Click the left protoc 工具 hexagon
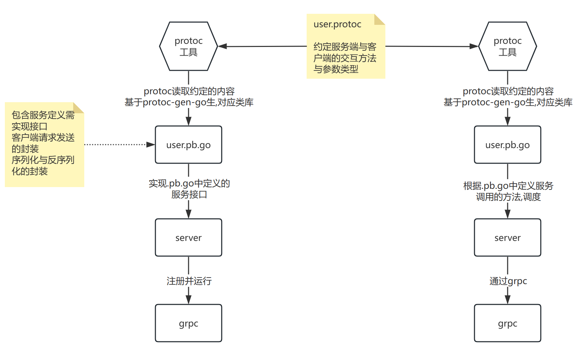click(188, 46)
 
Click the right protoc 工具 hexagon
click(507, 46)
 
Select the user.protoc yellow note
click(345, 52)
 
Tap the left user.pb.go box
click(188, 145)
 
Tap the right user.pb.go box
click(507, 145)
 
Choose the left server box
click(188, 237)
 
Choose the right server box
click(507, 237)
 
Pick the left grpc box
click(188, 323)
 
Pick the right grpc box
click(507, 323)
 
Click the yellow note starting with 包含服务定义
click(44, 145)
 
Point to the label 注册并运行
click(189, 281)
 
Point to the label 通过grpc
click(508, 281)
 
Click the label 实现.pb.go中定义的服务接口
click(189, 189)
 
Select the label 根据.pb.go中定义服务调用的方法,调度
click(508, 191)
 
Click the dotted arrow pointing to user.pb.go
click(117, 145)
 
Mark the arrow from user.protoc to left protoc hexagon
click(262, 46)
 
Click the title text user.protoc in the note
click(337, 25)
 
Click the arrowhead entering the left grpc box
click(189, 300)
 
